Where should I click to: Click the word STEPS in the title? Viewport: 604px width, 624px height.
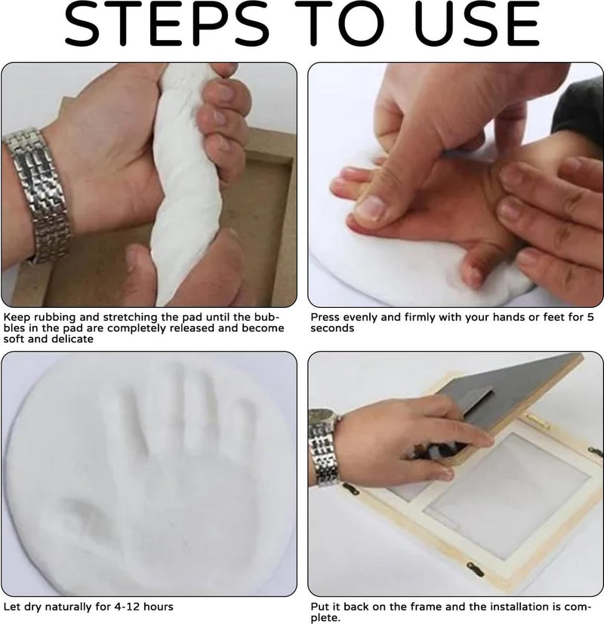[x=166, y=23]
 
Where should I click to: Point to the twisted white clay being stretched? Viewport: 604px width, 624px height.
[x=184, y=183]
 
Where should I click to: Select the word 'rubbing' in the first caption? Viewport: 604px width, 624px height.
[x=55, y=318]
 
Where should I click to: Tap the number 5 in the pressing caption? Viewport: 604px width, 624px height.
[x=590, y=317]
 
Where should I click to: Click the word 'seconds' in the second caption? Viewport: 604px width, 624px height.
[x=332, y=328]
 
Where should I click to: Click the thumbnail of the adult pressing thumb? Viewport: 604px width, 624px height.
[x=371, y=207]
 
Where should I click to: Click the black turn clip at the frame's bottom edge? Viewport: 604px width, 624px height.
[x=475, y=569]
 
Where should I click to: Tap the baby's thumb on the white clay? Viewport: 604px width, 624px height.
[x=477, y=266]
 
